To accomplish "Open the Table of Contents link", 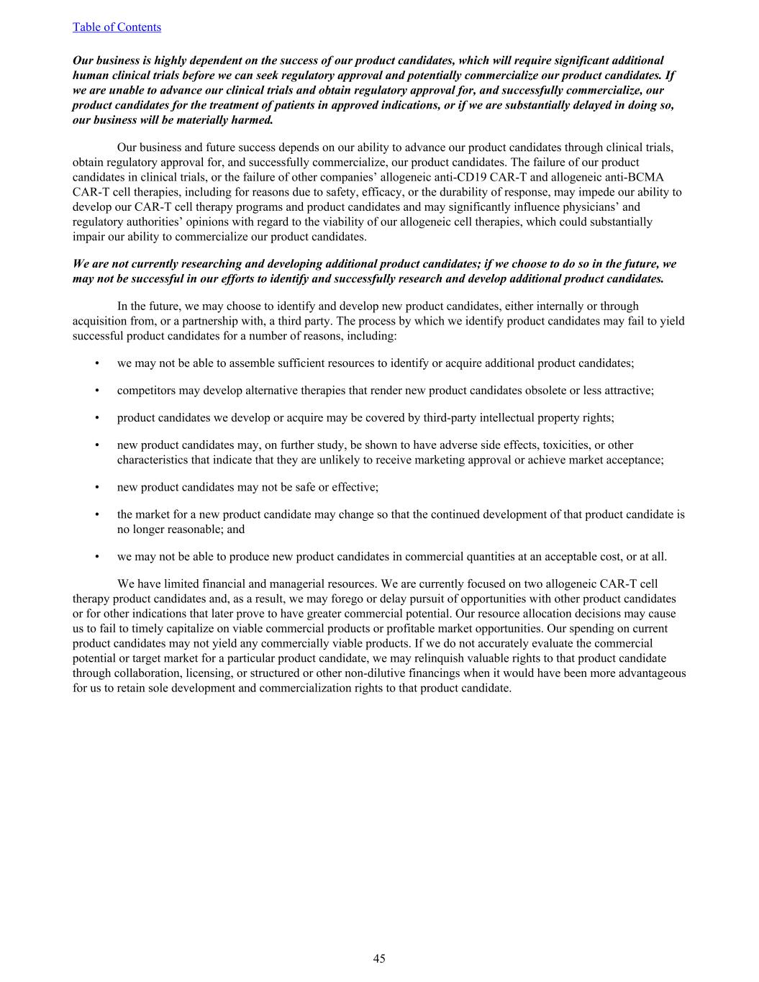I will [x=117, y=27].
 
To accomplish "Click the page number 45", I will [x=379, y=958].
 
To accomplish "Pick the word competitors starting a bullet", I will [x=144, y=391].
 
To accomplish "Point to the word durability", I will [x=536, y=192].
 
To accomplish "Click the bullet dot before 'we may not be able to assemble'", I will [x=96, y=363].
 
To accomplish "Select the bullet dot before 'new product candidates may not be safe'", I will [x=96, y=488].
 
